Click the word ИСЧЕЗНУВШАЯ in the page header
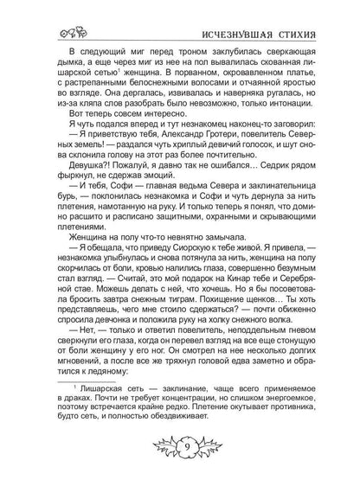[x=235, y=15]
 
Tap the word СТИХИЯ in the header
[x=307, y=15]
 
